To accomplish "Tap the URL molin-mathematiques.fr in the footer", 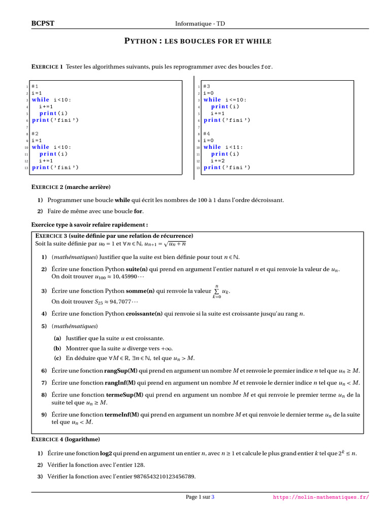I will click(321, 498).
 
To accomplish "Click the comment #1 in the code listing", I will click(35, 86).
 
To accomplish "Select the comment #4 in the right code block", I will click(206, 134).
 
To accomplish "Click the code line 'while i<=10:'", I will click(225, 100).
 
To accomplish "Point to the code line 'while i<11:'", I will click(223, 147).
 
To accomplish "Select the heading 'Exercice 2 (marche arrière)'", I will click(71, 187).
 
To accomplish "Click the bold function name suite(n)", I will click(137, 269).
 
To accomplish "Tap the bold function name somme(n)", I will click(140, 291).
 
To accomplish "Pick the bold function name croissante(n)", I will click(144, 314).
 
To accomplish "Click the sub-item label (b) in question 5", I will click(57, 348).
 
